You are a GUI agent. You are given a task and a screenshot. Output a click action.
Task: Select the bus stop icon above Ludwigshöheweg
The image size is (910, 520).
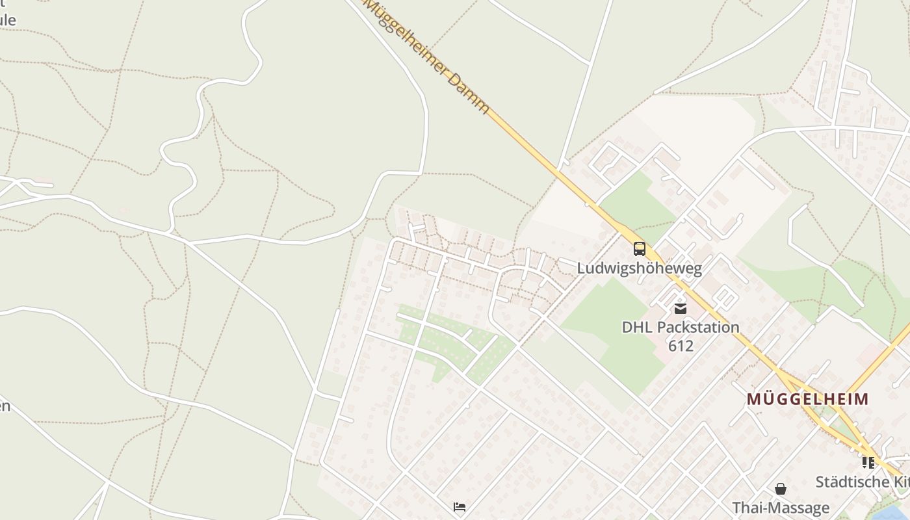pos(640,248)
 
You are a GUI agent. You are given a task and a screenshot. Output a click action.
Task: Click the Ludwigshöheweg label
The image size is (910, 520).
pos(640,268)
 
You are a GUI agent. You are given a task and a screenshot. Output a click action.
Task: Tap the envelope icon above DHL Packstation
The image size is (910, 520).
pos(680,308)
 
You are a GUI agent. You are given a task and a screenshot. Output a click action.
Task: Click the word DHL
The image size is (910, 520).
pos(637,327)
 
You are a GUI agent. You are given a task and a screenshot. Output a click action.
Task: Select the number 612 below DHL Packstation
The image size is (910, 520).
pos(681,345)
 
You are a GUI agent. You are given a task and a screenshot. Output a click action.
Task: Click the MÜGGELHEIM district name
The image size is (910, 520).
pos(807,399)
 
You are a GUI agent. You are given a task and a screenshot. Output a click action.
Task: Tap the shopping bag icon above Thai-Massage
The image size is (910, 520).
pos(780,488)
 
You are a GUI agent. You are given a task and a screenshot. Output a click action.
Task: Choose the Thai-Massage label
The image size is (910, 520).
pos(781,508)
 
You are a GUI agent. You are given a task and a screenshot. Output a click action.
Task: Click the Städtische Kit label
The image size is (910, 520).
pos(862,482)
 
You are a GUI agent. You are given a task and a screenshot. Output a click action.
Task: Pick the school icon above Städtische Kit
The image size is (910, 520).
pos(868,463)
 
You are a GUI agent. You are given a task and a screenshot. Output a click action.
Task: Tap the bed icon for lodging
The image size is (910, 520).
pos(460,506)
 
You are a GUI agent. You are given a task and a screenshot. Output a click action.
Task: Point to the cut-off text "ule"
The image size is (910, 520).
pos(8,19)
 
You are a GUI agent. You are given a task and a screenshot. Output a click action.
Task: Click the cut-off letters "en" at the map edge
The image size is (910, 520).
pos(5,406)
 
